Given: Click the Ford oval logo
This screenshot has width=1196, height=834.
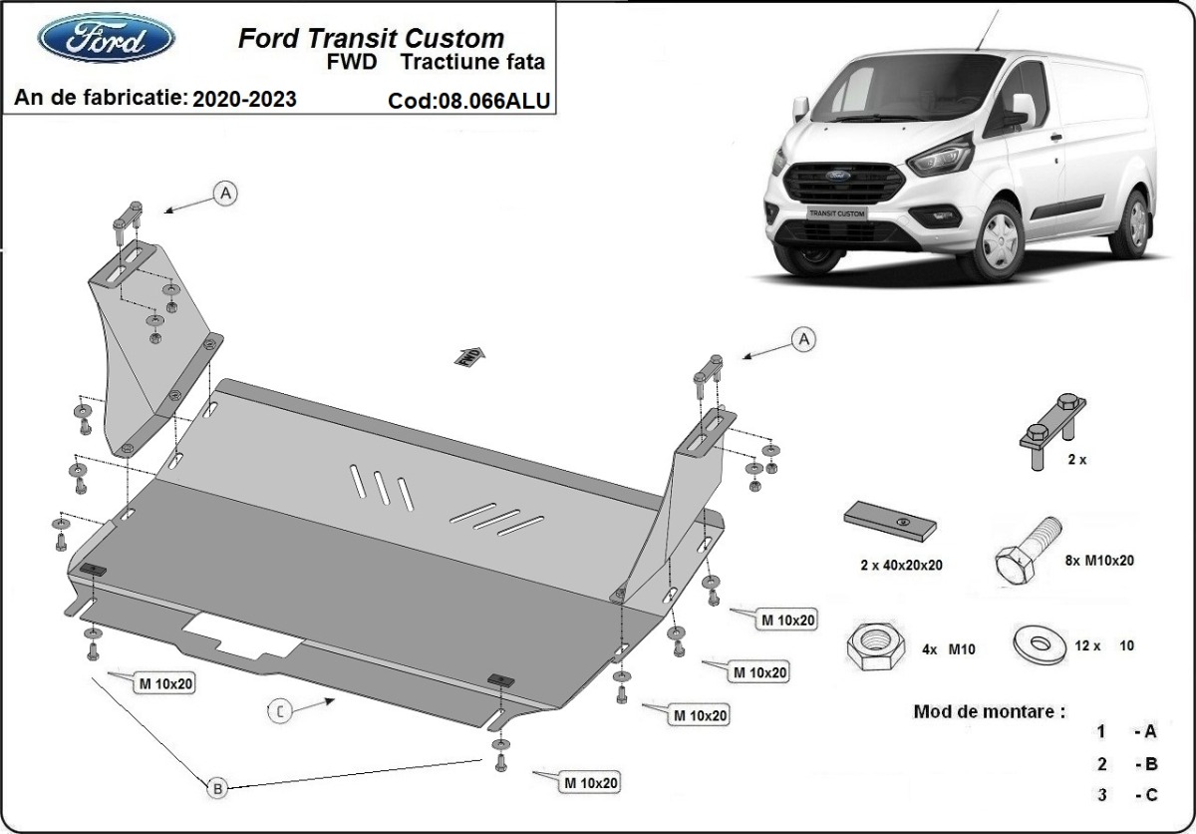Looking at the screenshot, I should click(106, 38).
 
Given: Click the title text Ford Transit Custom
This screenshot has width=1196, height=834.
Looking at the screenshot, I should click(371, 39).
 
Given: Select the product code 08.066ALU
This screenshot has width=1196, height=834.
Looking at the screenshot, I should click(471, 100).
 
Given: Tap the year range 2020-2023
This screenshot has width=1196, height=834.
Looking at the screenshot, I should click(244, 99).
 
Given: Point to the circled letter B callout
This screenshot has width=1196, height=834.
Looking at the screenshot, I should click(218, 788).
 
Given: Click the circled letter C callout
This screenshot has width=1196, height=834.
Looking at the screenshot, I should click(282, 711).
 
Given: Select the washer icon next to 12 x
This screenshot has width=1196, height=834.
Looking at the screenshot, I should click(1038, 642).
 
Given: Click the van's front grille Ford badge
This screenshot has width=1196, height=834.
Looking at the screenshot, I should click(832, 179).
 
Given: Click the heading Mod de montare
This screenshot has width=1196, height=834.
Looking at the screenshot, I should click(989, 712).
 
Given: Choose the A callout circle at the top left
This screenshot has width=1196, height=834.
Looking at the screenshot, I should click(226, 194).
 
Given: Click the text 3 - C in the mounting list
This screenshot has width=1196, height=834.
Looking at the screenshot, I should click(1126, 795).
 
